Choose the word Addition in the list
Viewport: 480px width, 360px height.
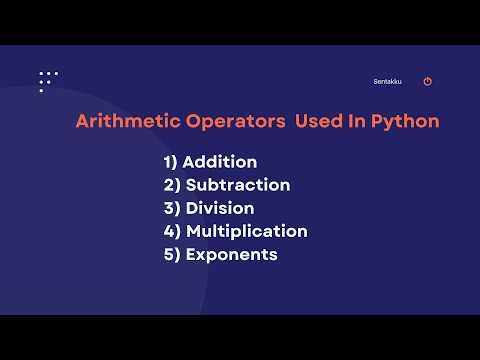point(220,162)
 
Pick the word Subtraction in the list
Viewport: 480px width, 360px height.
point(237,185)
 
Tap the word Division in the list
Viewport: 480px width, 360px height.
point(219,208)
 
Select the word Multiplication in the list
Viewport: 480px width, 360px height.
point(246,231)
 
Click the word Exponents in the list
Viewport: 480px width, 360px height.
point(231,254)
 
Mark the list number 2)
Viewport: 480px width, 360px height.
point(171,185)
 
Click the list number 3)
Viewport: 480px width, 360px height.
point(171,208)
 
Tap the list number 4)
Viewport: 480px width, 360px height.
point(171,231)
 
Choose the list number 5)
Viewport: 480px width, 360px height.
point(171,254)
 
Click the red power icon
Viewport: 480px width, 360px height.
point(428,82)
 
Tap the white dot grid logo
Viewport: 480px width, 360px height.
point(47,81)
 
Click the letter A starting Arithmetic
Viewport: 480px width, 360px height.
point(82,122)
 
